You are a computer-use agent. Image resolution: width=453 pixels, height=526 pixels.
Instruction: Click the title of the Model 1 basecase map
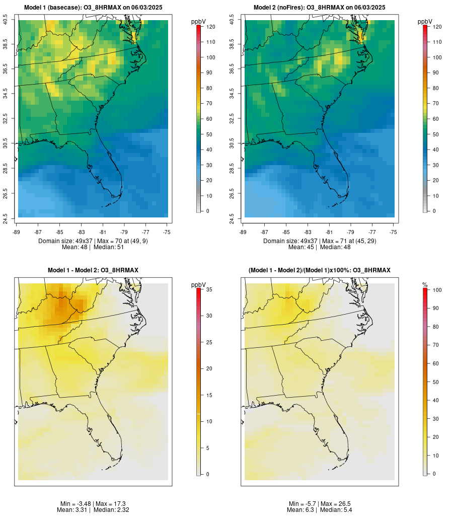coord(93,8)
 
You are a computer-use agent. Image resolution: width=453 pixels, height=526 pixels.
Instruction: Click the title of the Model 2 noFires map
coord(320,8)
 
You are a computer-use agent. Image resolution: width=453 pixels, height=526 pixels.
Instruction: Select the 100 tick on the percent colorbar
coord(436,290)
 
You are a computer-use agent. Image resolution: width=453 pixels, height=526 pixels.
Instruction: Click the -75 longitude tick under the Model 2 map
coord(393,232)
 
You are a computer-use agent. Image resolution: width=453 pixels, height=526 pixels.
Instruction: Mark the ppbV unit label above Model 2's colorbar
coord(425,22)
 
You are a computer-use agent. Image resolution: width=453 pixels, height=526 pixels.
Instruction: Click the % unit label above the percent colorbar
coord(425,285)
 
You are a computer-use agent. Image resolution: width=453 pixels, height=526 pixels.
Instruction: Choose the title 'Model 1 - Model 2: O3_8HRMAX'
coord(93,270)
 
